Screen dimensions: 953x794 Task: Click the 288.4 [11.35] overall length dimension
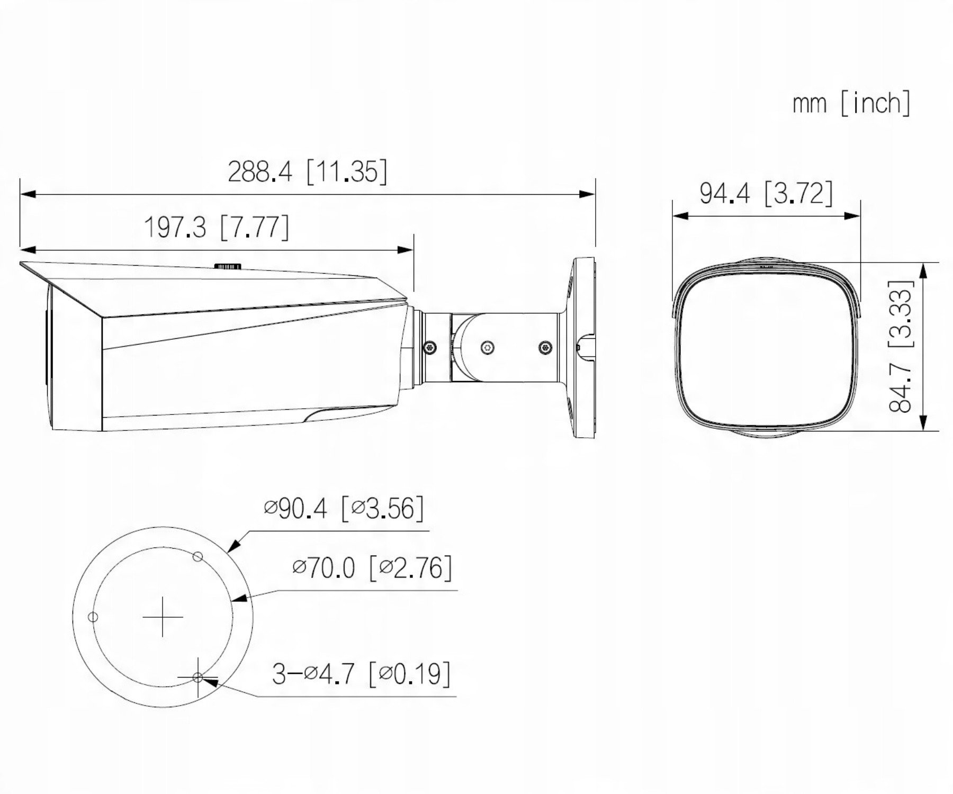307,171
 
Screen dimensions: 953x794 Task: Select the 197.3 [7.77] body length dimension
217,227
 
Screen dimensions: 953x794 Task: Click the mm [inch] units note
851,103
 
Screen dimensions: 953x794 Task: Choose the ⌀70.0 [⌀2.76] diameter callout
372,568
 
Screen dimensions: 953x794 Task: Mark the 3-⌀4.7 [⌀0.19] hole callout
362,674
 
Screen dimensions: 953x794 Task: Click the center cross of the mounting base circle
163,617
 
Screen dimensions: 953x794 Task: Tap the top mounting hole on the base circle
197,556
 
